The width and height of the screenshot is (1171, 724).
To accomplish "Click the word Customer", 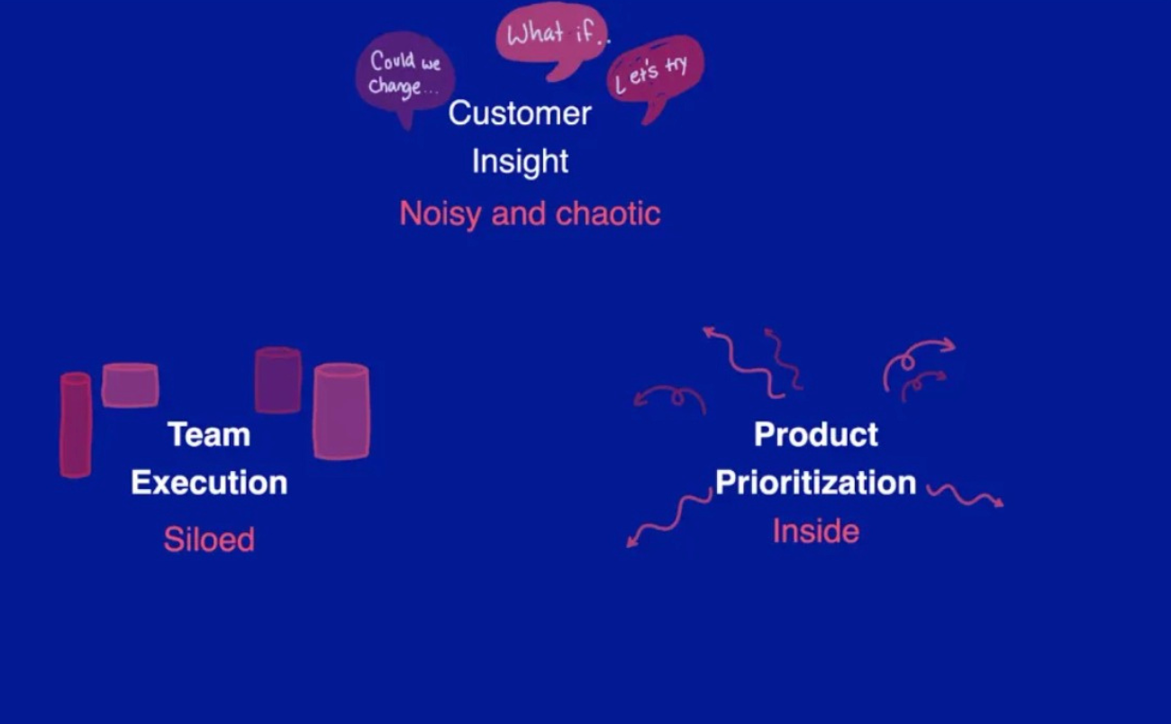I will coord(520,113).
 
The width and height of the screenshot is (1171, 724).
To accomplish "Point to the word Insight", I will coord(520,161).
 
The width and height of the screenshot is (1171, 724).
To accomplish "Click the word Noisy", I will coord(440,213).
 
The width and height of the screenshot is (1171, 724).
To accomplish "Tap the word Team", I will coord(209,435).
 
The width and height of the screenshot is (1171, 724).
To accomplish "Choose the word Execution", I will coord(209,483).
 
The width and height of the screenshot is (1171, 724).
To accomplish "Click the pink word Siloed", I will coord(209,539).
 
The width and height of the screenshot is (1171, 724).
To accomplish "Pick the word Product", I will coord(816,435).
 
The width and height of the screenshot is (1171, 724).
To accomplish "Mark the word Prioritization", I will coord(816,483).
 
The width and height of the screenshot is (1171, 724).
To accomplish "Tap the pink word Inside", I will coord(816,531).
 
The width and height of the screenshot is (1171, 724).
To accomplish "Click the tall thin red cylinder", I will coord(76,424).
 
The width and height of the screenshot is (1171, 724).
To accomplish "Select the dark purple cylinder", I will coord(277,380).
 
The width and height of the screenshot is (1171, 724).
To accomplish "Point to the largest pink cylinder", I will coord(340,412).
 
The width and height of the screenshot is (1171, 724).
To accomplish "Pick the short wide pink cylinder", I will coord(131,385).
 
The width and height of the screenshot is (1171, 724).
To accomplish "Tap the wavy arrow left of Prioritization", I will coord(667,519).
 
